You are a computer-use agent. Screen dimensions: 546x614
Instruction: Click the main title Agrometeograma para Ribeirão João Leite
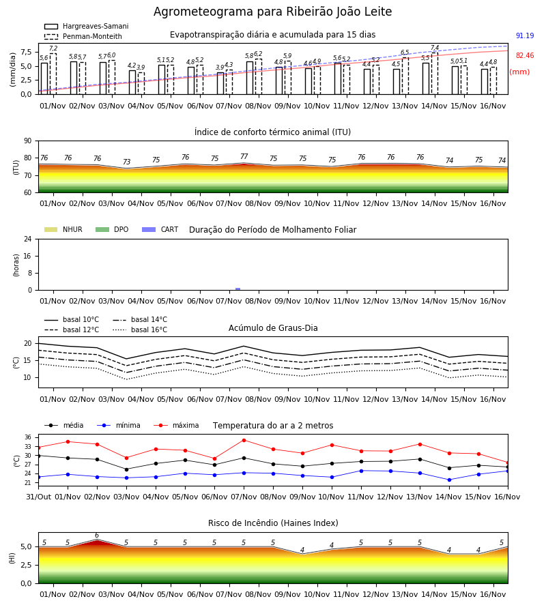pos(272,12)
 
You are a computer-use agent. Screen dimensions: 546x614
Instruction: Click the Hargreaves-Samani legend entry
pos(86,26)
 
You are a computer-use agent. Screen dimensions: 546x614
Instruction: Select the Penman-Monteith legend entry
pos(83,36)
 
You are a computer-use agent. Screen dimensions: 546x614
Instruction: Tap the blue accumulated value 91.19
pos(525,35)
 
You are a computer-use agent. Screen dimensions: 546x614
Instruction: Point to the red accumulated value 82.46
pos(525,56)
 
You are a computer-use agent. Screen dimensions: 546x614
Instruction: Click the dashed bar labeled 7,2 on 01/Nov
pos(53,74)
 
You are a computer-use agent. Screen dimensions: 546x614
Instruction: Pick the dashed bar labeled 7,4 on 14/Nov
pos(435,73)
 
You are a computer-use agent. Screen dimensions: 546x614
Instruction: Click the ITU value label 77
pos(244,157)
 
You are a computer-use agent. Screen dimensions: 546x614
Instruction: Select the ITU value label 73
pos(126,162)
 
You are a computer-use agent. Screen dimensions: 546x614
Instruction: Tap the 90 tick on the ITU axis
pos(28,141)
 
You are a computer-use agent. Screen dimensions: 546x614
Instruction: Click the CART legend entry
pos(160,229)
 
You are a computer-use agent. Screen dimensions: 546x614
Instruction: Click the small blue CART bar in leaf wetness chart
pos(238,289)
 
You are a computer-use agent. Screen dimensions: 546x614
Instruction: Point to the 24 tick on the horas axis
pos(28,239)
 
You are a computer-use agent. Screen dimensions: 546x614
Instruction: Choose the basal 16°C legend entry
pos(140,330)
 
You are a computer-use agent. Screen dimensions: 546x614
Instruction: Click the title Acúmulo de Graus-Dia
pos(273,328)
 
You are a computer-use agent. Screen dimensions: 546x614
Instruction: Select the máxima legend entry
pos(176,425)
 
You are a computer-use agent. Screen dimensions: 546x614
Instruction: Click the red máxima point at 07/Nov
pos(244,440)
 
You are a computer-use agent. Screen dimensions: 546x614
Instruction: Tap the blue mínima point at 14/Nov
pos(449,480)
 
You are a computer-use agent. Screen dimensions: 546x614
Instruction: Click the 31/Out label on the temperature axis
pos(39,497)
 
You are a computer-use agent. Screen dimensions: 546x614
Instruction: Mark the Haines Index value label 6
pos(97,536)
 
